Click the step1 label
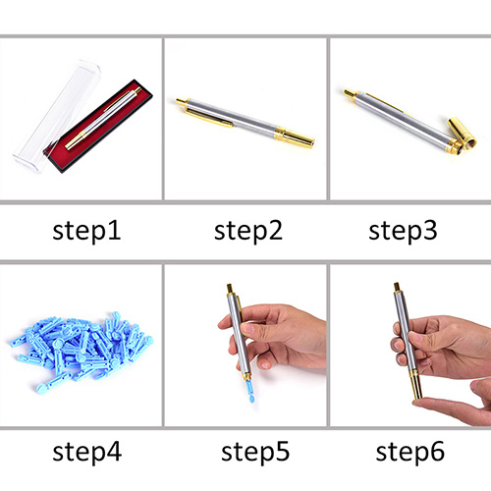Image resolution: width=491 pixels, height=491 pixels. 86,231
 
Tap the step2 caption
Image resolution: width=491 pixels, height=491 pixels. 248,231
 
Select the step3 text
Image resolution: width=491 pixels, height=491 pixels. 403,231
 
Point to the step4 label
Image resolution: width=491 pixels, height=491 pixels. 87,452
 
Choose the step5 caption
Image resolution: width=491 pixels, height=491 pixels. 255,452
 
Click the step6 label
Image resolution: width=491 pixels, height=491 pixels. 410,452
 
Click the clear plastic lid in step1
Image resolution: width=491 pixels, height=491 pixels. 56,115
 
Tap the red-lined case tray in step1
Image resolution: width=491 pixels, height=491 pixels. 98,126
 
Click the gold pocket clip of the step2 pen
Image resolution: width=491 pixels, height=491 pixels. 208,118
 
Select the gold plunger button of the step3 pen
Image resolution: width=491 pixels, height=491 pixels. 349,93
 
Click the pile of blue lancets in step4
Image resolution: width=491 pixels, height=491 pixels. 82,352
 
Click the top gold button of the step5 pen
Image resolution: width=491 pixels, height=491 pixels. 230,289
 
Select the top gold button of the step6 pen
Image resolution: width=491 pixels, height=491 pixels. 397,287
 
